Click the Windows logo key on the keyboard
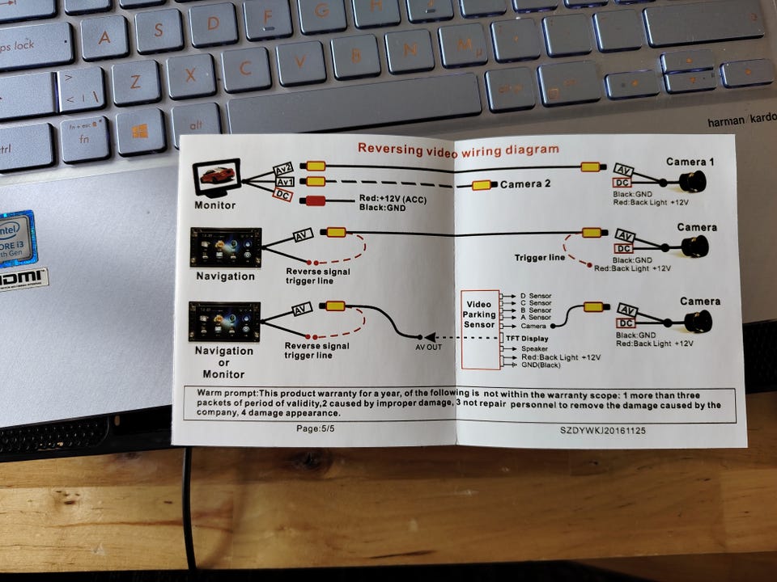140,132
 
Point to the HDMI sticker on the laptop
23,279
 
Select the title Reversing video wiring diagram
458,150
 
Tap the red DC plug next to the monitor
314,201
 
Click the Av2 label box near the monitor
283,169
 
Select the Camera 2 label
524,184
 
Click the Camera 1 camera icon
692,182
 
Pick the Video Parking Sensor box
480,330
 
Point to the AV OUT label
428,348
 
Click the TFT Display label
527,339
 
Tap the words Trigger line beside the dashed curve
540,257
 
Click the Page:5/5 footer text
315,428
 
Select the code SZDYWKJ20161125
602,431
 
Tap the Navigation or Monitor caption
224,362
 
